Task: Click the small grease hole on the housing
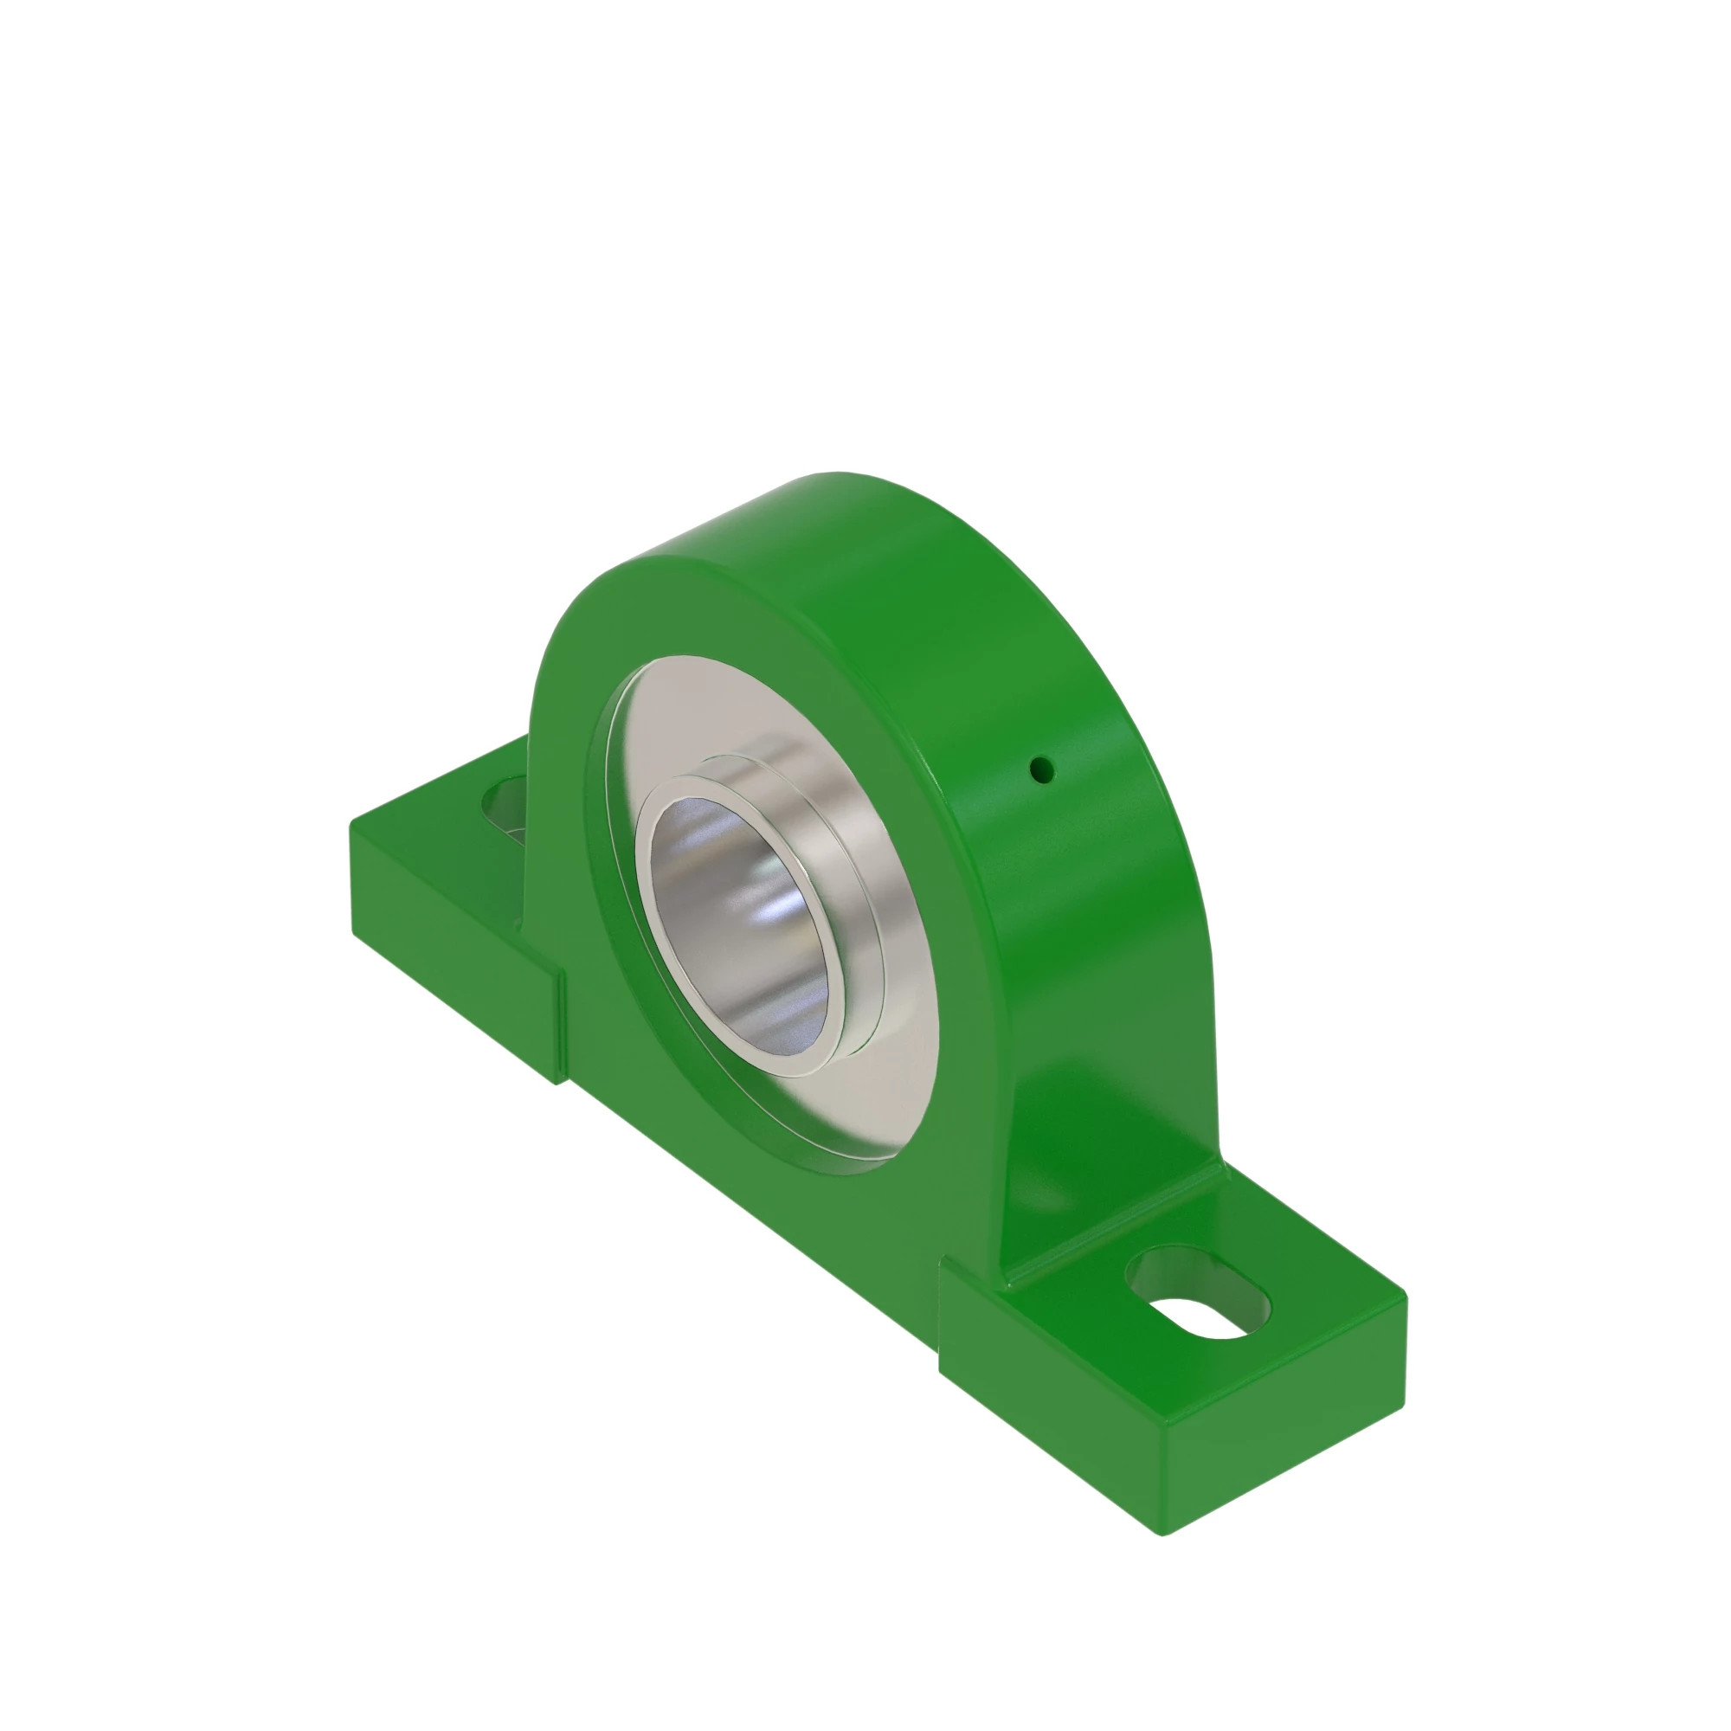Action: pos(1040,768)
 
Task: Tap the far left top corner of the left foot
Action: pos(352,822)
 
